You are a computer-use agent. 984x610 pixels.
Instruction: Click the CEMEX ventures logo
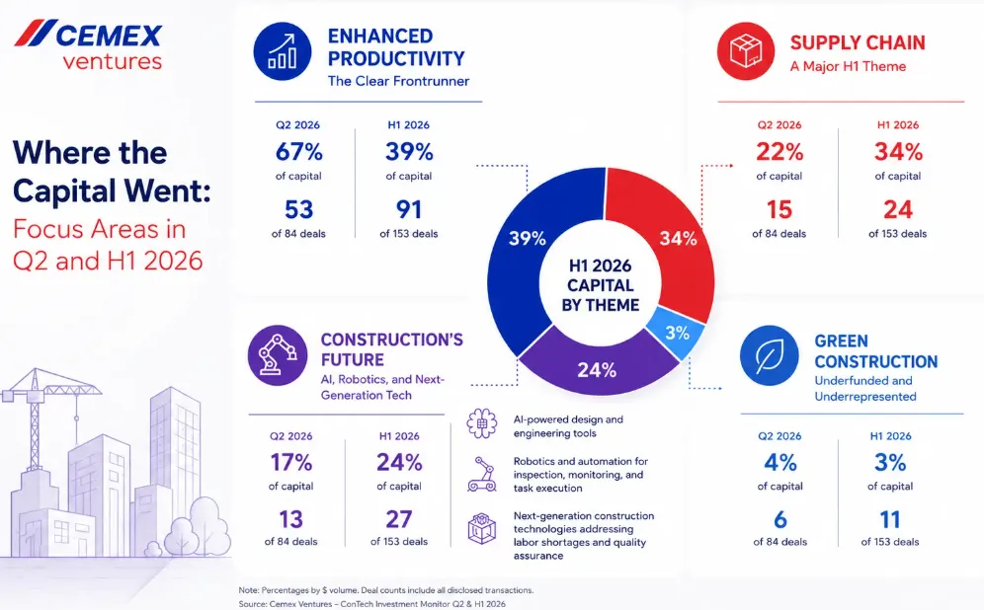pyautogui.click(x=88, y=44)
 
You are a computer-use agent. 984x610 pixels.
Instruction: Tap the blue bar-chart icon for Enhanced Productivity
pyautogui.click(x=283, y=51)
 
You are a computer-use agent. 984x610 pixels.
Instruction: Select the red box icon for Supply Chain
pyautogui.click(x=746, y=51)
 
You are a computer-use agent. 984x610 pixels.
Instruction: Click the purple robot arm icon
pyautogui.click(x=278, y=354)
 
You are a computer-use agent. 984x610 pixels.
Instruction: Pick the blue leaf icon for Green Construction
pyautogui.click(x=769, y=355)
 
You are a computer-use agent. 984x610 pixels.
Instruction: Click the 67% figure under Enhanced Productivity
pyautogui.click(x=298, y=152)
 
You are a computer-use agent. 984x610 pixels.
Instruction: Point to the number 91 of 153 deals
pyautogui.click(x=409, y=209)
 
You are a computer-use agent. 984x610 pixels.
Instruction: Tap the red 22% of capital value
pyautogui.click(x=779, y=152)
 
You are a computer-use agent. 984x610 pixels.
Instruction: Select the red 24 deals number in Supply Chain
pyautogui.click(x=898, y=209)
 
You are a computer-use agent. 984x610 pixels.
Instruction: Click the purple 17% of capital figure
pyautogui.click(x=291, y=463)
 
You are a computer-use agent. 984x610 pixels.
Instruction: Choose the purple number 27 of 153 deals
pyautogui.click(x=399, y=519)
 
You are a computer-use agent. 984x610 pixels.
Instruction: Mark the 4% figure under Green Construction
pyautogui.click(x=780, y=463)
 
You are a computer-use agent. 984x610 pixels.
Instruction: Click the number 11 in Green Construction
pyautogui.click(x=890, y=519)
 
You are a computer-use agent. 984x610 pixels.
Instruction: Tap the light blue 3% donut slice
pyautogui.click(x=677, y=333)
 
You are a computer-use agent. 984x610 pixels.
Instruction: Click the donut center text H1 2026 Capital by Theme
pyautogui.click(x=601, y=285)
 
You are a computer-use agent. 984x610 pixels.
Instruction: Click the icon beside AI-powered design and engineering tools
pyautogui.click(x=482, y=423)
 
